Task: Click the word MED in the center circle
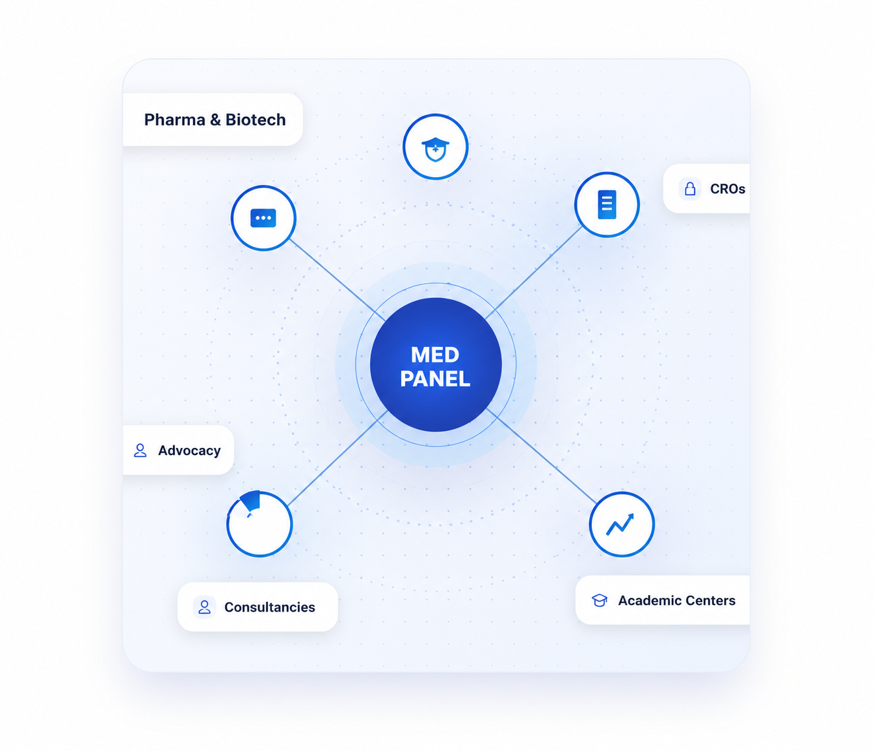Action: coord(435,355)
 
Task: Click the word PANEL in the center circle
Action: coord(435,379)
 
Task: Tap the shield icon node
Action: coord(435,147)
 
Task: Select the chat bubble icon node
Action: coord(264,218)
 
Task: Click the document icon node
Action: coord(607,205)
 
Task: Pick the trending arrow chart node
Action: coord(621,524)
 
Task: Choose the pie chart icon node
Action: coord(259,524)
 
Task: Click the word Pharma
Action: coord(174,120)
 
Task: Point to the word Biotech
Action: coord(255,120)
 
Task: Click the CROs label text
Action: coord(727,189)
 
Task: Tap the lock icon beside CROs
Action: coord(690,189)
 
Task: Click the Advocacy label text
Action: coord(189,450)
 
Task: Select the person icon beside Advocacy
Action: coord(140,450)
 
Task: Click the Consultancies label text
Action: coord(270,607)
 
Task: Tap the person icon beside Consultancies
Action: coord(205,607)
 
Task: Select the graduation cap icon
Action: coord(599,600)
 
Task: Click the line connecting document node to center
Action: coord(533,273)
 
